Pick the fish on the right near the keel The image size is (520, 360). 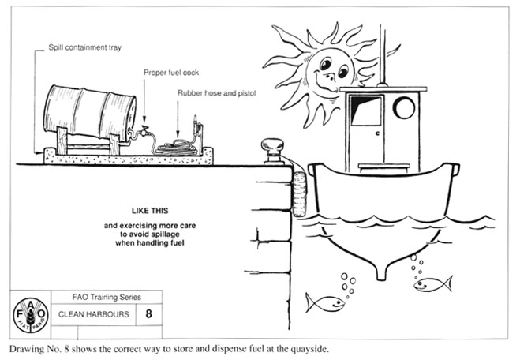(x=432, y=283)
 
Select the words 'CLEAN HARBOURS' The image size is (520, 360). (x=85, y=314)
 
